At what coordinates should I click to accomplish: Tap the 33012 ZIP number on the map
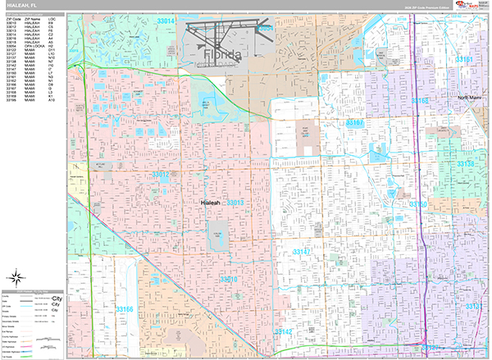tap(159, 175)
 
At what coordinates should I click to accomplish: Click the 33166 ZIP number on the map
tap(125, 309)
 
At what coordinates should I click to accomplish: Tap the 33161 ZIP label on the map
tap(464, 60)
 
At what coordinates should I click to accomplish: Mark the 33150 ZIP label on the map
tap(418, 204)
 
